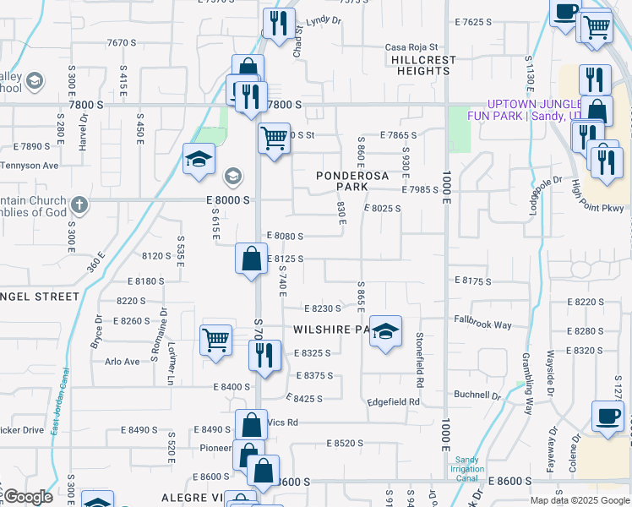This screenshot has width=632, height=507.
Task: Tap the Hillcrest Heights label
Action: (x=423, y=66)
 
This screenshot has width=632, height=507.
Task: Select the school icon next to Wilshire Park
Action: (x=385, y=332)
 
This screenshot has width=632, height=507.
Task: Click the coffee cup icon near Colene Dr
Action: (x=607, y=417)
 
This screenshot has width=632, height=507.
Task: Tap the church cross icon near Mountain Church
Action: (x=79, y=204)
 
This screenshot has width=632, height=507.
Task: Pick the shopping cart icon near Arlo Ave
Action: (x=216, y=340)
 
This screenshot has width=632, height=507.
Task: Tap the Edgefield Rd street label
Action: (x=393, y=402)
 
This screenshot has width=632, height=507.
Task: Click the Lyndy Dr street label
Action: (x=323, y=20)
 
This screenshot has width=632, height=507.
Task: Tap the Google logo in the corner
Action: (x=29, y=497)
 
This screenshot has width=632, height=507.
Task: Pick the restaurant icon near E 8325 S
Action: (x=265, y=354)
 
